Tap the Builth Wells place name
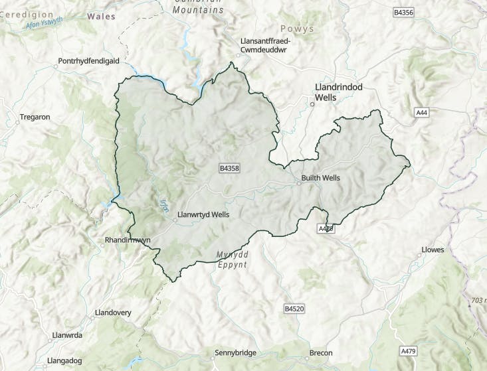[321, 178]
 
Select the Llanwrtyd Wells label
[203, 215]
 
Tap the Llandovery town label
[114, 312]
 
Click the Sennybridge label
[235, 352]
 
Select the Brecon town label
[321, 352]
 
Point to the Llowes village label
[433, 250]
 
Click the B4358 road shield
[229, 169]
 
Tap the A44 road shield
[421, 112]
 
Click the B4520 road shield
[294, 309]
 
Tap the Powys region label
[296, 29]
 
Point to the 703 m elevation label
[477, 301]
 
